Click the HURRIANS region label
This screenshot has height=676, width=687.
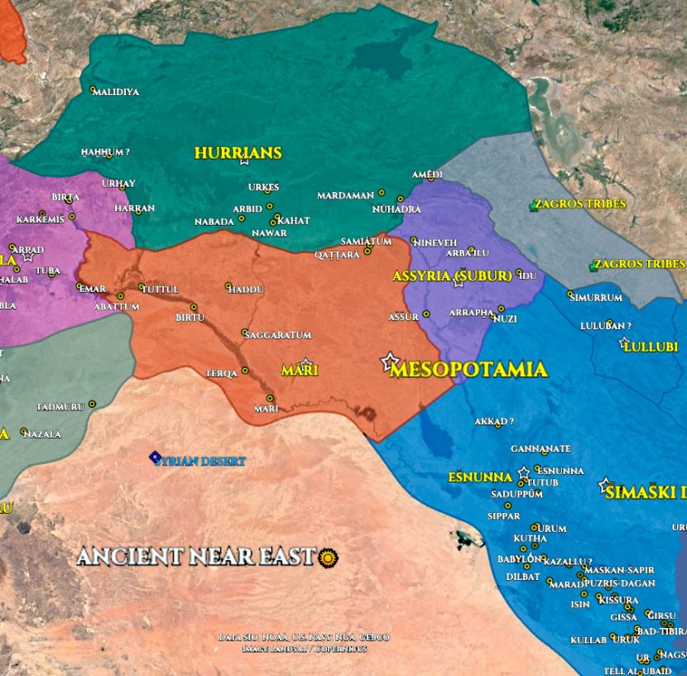tap(238, 153)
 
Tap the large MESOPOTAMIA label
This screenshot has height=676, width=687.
tap(468, 369)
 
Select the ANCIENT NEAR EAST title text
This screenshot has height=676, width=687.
tap(196, 557)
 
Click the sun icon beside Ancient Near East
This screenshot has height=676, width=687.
tap(329, 558)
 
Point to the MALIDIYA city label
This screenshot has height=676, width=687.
tap(116, 92)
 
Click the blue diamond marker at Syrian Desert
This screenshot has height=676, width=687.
tap(154, 457)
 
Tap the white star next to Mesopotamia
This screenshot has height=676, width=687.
tap(390, 362)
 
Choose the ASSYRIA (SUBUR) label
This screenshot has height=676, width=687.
tap(452, 276)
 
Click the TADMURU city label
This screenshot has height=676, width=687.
tap(60, 407)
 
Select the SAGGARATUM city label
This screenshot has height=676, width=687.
tap(280, 335)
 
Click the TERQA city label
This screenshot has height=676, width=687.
tap(221, 374)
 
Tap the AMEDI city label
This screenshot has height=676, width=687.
tap(427, 175)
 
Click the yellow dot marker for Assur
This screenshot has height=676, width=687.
tap(426, 314)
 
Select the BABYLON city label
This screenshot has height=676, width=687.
tap(519, 559)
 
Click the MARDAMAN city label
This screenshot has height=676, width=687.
tap(345, 196)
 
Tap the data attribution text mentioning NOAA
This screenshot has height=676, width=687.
tap(304, 637)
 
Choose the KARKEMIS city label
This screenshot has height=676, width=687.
tap(40, 220)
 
